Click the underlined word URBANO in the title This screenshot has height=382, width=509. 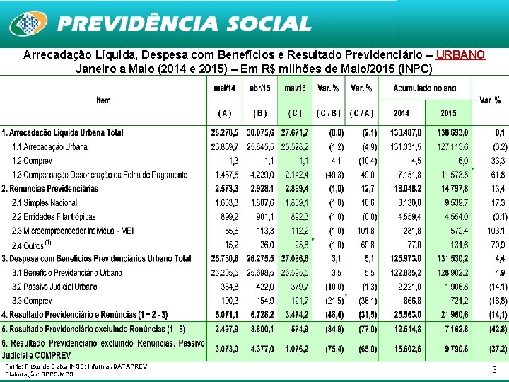(x=460, y=54)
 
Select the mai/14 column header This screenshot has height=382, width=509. (x=225, y=88)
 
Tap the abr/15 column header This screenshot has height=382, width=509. (x=260, y=88)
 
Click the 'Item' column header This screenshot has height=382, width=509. (x=103, y=100)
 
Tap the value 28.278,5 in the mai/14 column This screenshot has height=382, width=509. (x=225, y=133)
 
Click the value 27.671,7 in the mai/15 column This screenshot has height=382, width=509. (x=294, y=133)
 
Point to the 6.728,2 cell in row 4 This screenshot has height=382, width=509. (x=259, y=314)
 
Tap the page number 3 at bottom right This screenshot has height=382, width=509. (x=493, y=369)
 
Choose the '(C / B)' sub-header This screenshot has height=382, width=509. (x=329, y=113)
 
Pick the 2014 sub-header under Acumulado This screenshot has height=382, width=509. (x=401, y=113)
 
